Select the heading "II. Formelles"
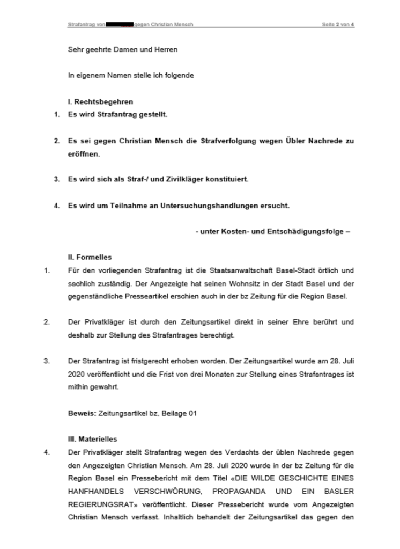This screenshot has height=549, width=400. click(86, 258)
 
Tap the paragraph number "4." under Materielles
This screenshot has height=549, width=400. click(48, 451)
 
